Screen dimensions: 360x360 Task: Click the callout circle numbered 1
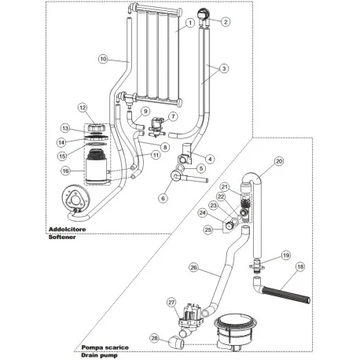click(189, 24)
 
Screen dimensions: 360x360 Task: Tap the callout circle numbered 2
click(226, 21)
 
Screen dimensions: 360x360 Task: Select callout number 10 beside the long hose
click(102, 59)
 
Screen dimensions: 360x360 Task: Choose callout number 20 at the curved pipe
click(278, 163)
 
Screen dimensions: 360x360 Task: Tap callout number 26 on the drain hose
click(193, 267)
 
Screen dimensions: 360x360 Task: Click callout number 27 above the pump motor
click(172, 301)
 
